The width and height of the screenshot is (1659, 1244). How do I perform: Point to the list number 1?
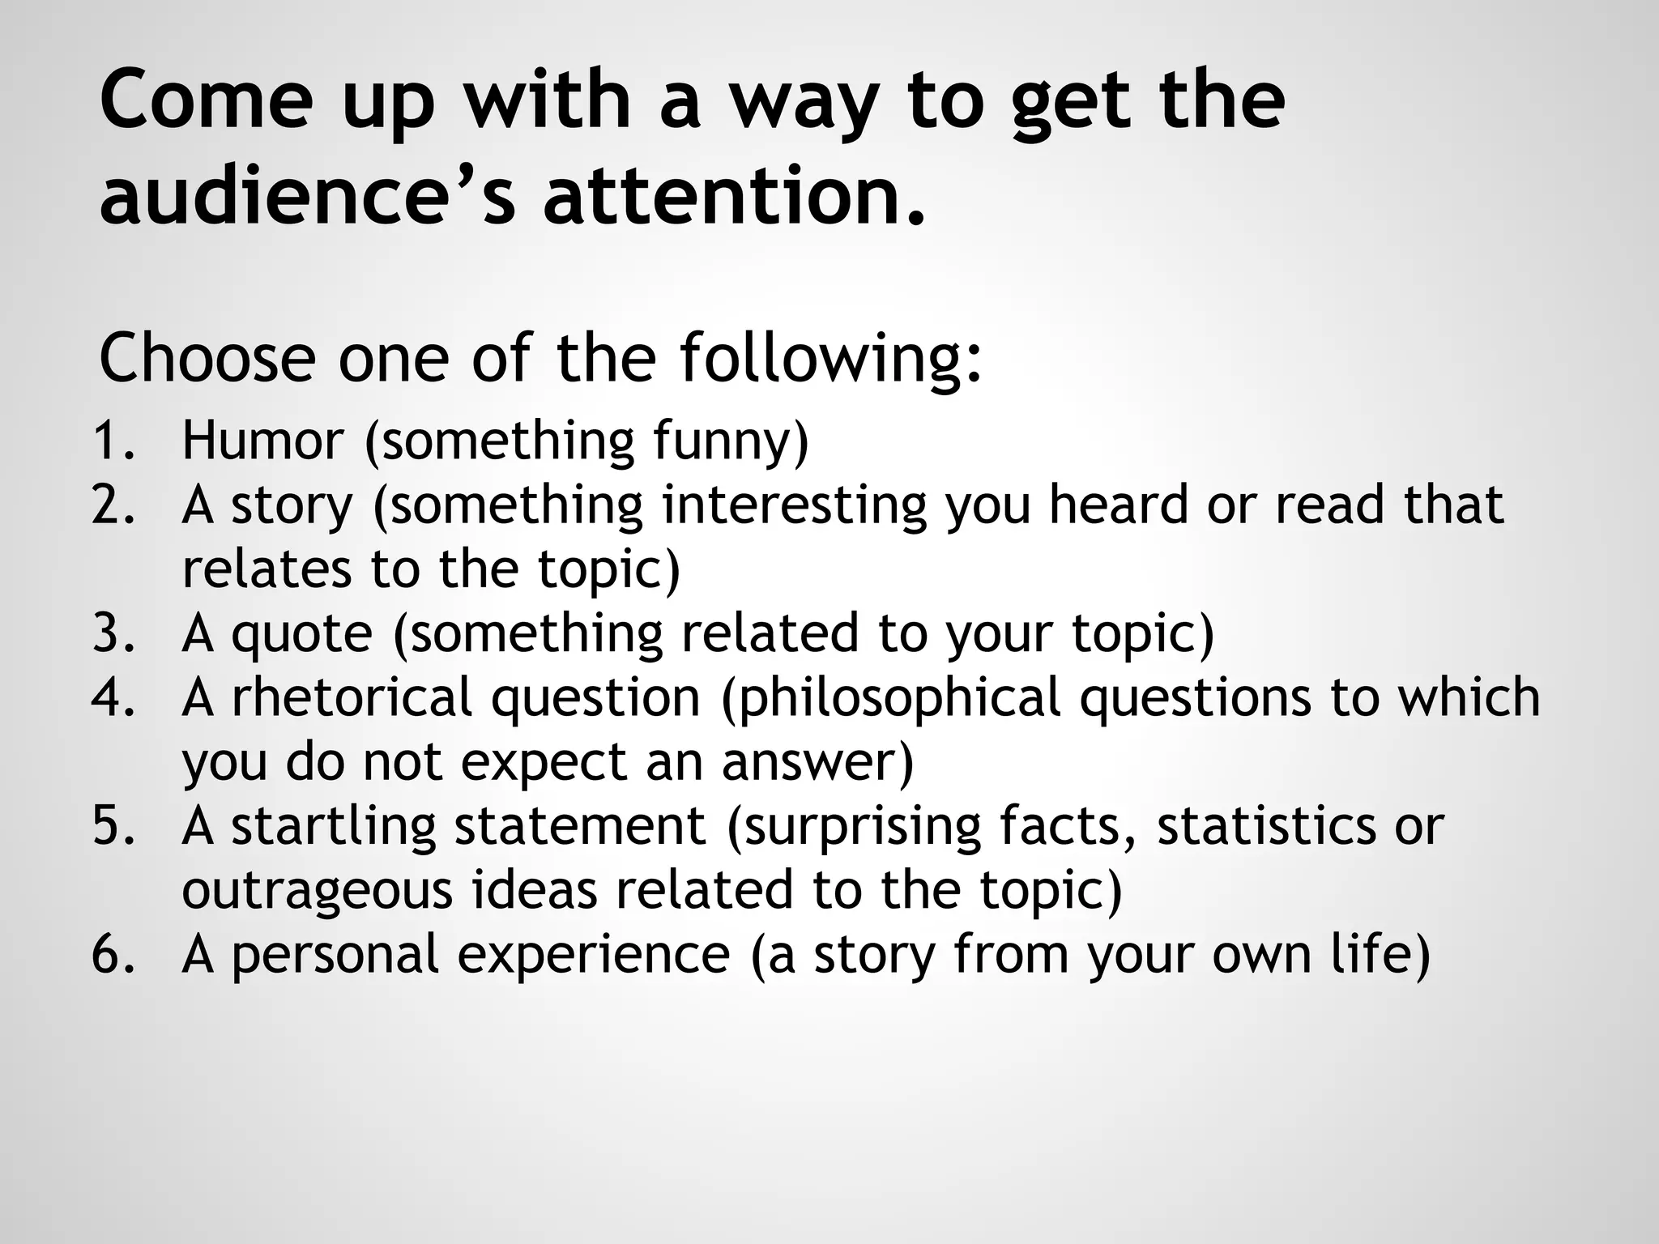[113, 441]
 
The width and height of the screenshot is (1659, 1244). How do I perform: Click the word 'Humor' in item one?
[262, 441]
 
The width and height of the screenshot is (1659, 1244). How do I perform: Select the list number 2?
[113, 505]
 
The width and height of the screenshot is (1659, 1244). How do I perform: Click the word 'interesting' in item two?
[794, 505]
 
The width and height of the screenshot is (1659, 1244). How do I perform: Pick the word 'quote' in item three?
[302, 633]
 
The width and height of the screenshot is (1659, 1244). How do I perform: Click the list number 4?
[113, 697]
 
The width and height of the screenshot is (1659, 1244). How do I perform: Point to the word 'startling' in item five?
[333, 827]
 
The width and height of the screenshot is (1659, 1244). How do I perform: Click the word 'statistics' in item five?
[1265, 827]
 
